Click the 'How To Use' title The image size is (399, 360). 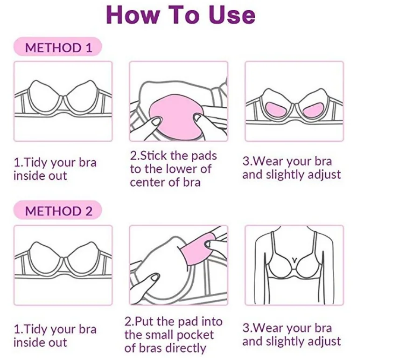click(181, 15)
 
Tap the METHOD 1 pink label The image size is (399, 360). click(58, 47)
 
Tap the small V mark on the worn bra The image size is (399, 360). click(294, 260)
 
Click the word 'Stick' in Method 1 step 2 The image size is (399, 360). click(154, 156)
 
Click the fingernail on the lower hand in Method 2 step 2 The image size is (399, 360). click(155, 278)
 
